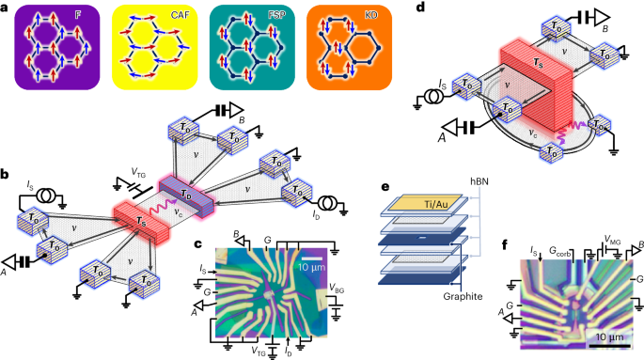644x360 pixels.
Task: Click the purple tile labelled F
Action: (x=57, y=47)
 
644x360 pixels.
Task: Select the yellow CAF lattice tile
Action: (x=154, y=47)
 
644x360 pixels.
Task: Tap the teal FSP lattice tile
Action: (x=252, y=47)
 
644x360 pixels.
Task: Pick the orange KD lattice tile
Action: (x=349, y=47)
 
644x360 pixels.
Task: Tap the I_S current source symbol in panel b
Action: (x=45, y=196)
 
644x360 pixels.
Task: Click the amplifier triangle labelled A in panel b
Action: (x=9, y=262)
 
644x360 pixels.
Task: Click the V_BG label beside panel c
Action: (x=337, y=290)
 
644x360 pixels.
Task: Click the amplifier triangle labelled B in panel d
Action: (x=600, y=17)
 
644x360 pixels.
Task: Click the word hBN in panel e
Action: (x=479, y=180)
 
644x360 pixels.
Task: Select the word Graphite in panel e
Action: (x=463, y=296)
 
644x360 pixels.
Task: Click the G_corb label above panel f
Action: (x=560, y=251)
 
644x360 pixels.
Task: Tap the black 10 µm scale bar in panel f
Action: (x=609, y=347)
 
